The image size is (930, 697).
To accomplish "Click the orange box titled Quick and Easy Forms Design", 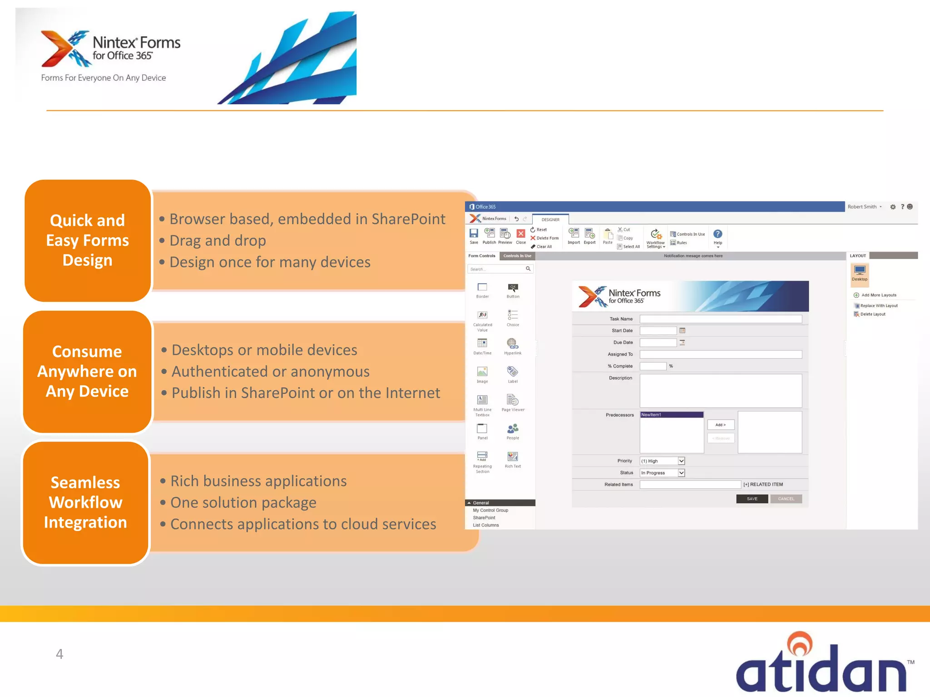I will click(x=87, y=241).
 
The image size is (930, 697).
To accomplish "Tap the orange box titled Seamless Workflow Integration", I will click(x=85, y=502).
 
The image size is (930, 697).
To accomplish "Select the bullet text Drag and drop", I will click(x=218, y=241).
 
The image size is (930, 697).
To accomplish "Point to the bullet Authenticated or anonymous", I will click(x=270, y=372).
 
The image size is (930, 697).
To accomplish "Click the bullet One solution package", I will click(x=243, y=503).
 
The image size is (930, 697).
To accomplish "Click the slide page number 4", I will click(x=59, y=654).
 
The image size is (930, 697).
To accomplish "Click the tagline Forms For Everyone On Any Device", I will click(x=104, y=78).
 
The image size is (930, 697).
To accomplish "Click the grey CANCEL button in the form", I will click(x=786, y=499).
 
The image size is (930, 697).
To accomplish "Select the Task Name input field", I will click(x=720, y=319).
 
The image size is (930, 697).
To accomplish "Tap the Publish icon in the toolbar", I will click(x=489, y=236).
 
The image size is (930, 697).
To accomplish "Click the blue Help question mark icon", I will click(x=717, y=234).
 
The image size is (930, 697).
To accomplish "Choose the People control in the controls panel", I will click(x=513, y=430).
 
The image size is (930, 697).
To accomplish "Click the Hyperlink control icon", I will click(x=512, y=344).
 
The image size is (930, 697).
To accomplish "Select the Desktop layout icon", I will click(x=859, y=272).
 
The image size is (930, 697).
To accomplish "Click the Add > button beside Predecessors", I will click(x=720, y=425).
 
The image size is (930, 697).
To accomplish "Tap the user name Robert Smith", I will click(x=862, y=207).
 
